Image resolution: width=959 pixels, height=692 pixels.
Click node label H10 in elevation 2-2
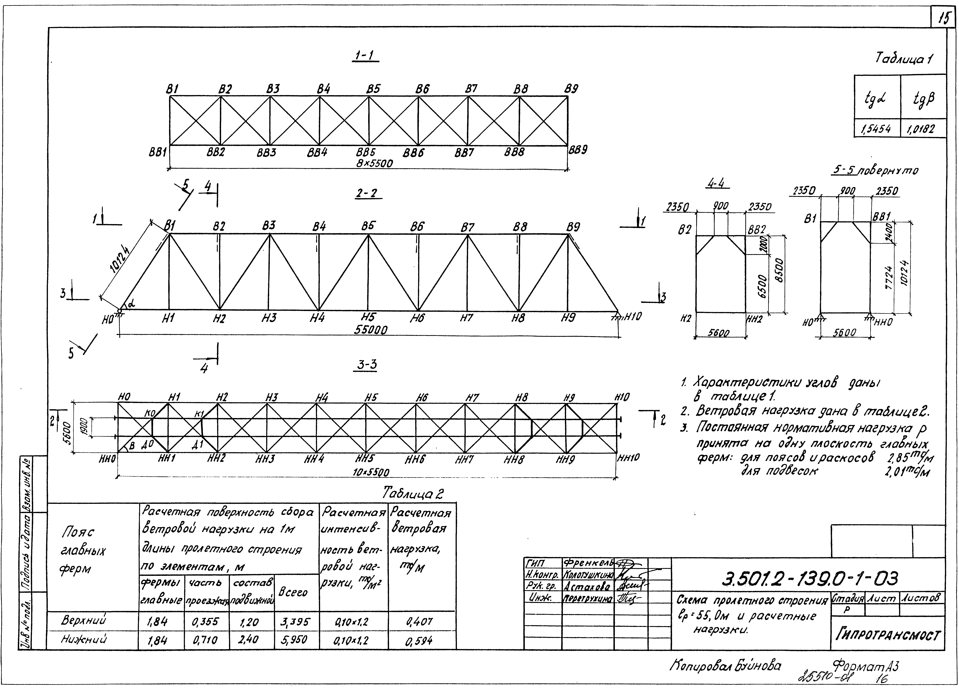633,316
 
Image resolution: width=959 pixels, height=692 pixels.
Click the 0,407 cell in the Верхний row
419,621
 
